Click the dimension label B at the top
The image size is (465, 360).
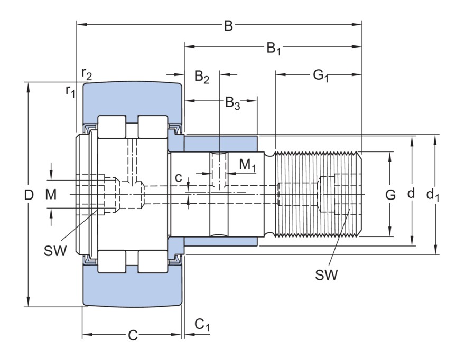point(228,26)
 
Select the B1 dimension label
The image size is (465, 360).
point(273,49)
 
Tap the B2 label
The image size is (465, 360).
point(201,77)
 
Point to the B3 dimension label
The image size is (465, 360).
point(232,102)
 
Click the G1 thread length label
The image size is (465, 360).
point(320,76)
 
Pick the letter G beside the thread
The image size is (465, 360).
point(390,195)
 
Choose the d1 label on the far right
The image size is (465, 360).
point(433,195)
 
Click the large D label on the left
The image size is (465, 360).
point(29,195)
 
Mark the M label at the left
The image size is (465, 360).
point(50,195)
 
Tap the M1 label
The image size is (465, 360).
point(247,165)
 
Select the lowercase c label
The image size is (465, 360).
point(179,178)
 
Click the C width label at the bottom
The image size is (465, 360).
point(133,335)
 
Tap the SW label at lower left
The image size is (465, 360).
point(55,251)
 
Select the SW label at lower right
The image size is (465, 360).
point(326,274)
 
